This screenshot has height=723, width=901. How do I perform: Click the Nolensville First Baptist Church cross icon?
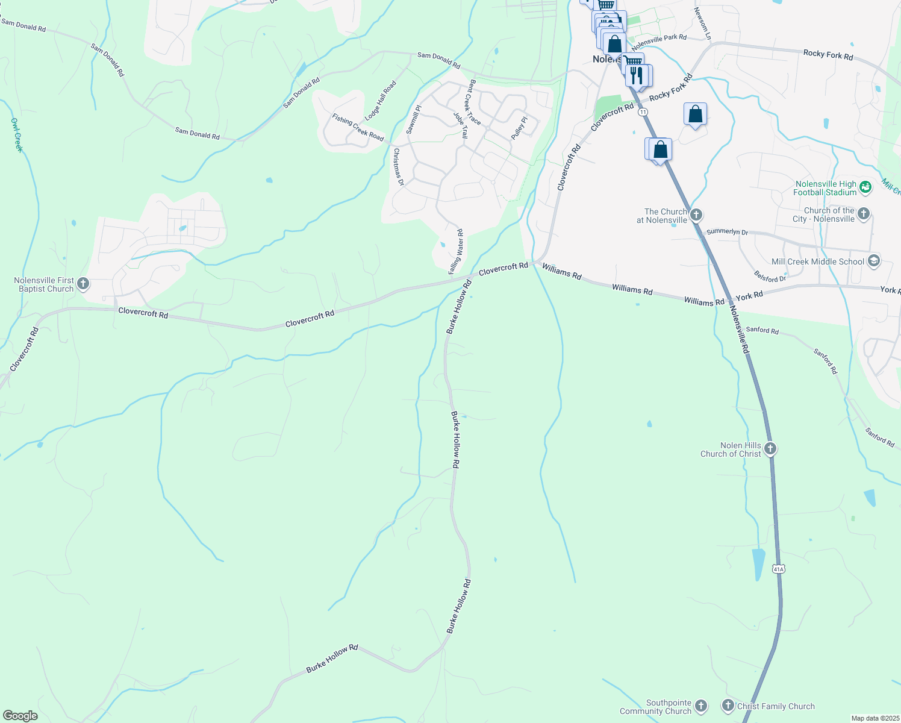tap(83, 283)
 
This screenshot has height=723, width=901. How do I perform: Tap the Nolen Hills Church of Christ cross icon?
tap(770, 449)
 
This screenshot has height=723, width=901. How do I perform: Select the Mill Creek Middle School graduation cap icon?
tap(874, 261)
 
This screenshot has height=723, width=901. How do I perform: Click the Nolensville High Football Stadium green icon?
tap(865, 187)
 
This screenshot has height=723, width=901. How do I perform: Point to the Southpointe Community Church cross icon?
tap(700, 706)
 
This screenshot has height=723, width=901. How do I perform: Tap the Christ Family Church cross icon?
tap(728, 706)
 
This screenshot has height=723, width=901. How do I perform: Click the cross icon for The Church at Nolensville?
tap(696, 215)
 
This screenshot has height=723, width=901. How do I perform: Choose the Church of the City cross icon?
tap(864, 214)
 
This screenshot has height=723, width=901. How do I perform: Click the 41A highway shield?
tap(779, 569)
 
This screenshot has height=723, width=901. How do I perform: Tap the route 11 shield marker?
tap(643, 112)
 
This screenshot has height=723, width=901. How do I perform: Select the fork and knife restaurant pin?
tap(637, 75)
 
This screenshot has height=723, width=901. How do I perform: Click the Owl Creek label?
tap(17, 134)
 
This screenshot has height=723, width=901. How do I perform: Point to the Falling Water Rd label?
tap(457, 251)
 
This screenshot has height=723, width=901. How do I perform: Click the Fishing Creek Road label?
tap(358, 127)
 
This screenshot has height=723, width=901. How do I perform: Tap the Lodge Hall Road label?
tap(381, 99)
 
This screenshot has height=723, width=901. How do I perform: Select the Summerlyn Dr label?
tap(727, 231)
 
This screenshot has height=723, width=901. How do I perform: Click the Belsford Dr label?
tap(770, 276)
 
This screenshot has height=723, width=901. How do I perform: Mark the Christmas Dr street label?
tap(398, 167)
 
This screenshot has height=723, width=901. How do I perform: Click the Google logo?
tap(20, 716)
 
